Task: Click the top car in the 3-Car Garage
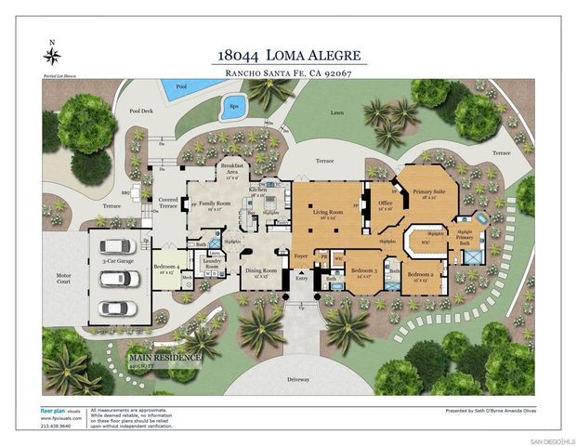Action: tap(116, 247)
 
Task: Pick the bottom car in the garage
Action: tap(116, 308)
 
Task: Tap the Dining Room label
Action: tap(256, 273)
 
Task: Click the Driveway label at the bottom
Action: tap(297, 381)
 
